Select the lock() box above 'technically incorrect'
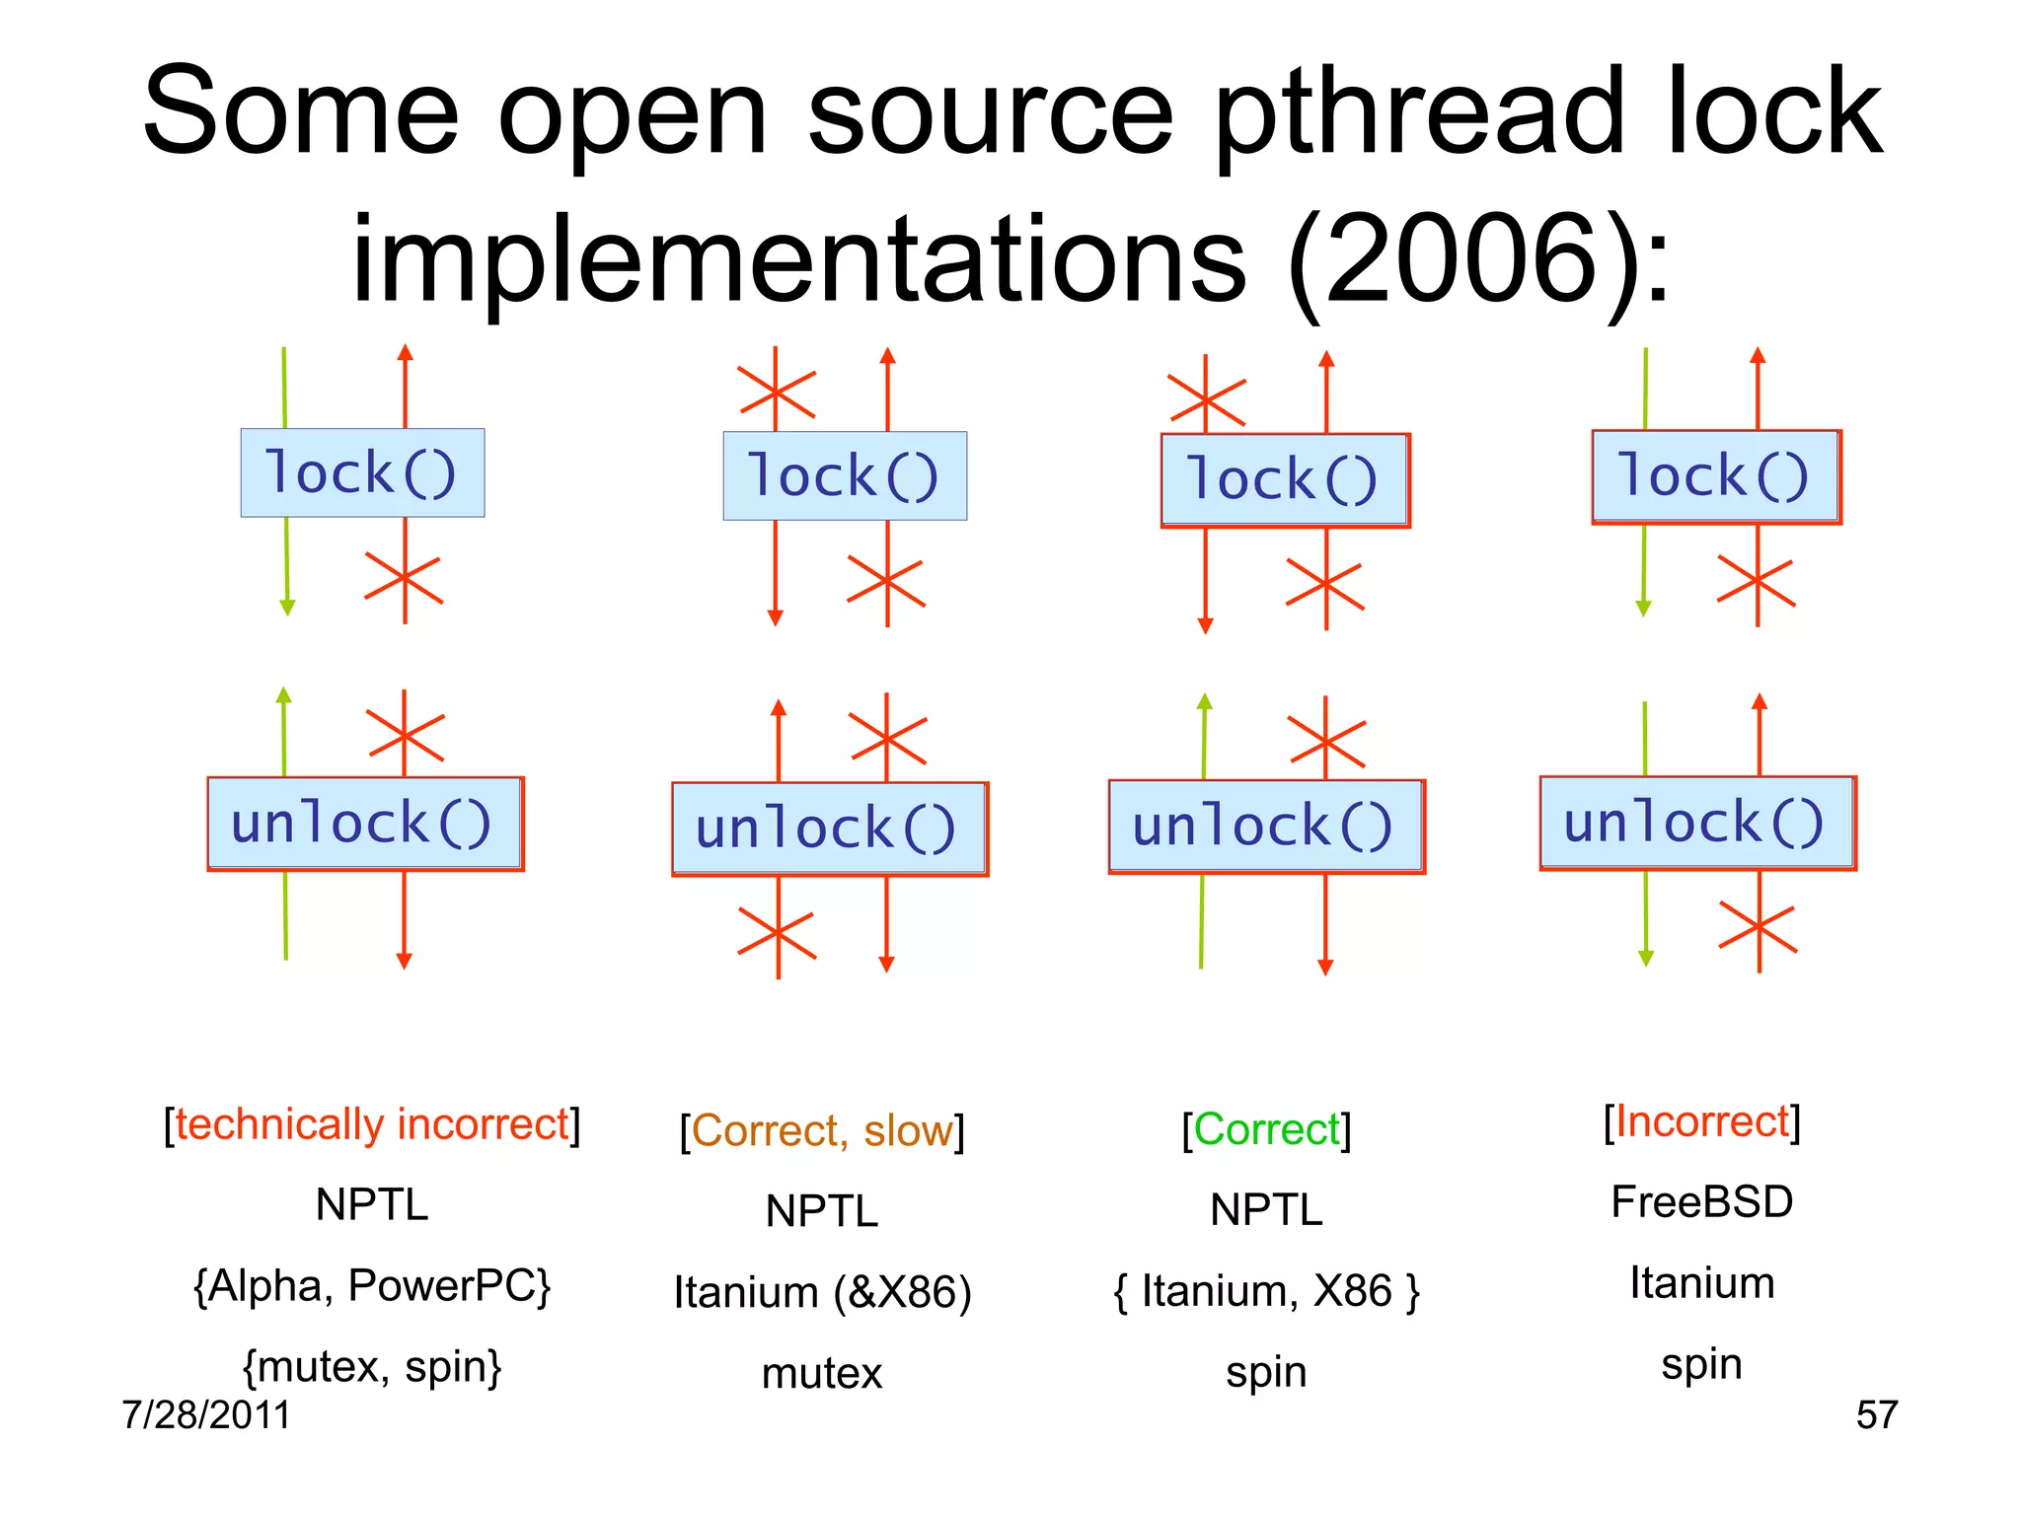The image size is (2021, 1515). pos(362,472)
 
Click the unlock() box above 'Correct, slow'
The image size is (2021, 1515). pos(829,829)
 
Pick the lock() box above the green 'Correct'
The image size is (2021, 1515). pos(1284,479)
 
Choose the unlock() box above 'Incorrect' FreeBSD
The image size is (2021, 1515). pos(1696,823)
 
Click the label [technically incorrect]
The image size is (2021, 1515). pos(372,1124)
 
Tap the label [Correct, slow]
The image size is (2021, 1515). pos(822,1130)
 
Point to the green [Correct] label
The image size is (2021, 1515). pos(1267,1129)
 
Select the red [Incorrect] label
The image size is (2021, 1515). pos(1701,1122)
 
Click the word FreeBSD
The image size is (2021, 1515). pos(1701,1202)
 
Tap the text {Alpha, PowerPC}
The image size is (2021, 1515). pos(372,1285)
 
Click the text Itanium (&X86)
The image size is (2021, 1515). pos(822,1292)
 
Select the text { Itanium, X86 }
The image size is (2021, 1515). pos(1267,1291)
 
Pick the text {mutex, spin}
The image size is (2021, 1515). pos(372,1367)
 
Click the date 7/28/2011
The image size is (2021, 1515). pos(206,1414)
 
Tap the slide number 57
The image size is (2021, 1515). pos(1876,1414)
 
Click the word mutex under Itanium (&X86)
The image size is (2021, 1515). pos(822,1373)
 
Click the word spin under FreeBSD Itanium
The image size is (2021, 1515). pos(1701,1364)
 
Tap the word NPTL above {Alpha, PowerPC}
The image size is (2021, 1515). pos(372,1204)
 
